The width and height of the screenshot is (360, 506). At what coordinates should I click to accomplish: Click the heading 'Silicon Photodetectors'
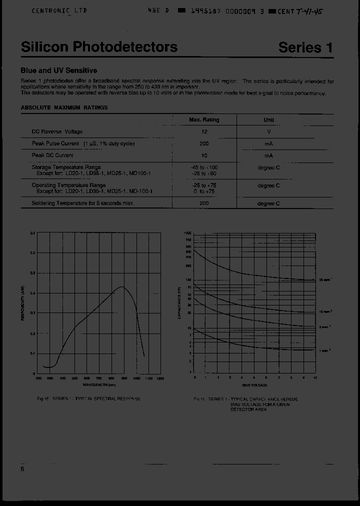[99, 47]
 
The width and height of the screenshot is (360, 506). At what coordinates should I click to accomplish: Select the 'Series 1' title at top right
[305, 47]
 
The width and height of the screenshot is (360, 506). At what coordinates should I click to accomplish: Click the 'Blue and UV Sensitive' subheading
[58, 70]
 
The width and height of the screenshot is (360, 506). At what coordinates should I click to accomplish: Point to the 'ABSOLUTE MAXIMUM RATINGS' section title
[64, 107]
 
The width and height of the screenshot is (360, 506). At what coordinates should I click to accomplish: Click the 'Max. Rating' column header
[204, 120]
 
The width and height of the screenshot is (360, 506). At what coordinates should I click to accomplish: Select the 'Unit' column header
[268, 120]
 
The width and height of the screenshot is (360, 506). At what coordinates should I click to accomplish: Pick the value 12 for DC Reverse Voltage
[204, 131]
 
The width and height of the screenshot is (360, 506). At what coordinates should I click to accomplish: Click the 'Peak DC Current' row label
[52, 155]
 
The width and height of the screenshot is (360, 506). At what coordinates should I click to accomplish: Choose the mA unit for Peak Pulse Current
[268, 143]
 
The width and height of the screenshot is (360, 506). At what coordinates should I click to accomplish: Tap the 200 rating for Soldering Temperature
[204, 203]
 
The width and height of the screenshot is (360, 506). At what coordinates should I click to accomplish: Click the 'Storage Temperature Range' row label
[66, 167]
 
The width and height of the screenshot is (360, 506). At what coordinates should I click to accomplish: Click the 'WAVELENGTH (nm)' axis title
[99, 384]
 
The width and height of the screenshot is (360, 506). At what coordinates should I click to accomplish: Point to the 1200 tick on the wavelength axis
[160, 378]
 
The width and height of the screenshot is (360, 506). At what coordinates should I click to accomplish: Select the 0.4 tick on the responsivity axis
[32, 293]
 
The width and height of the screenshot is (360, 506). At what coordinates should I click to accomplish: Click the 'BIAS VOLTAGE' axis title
[254, 385]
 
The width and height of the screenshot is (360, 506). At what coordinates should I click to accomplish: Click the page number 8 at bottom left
[22, 469]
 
